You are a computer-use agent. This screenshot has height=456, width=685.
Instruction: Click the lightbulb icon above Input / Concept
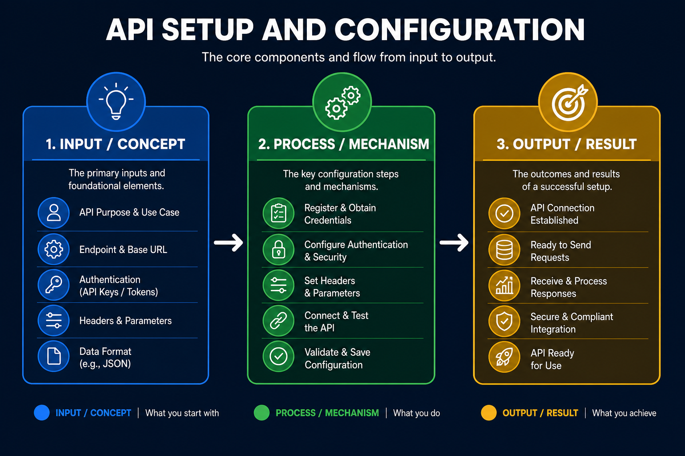click(x=116, y=102)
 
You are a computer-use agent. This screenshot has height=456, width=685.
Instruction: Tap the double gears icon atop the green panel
click(x=342, y=102)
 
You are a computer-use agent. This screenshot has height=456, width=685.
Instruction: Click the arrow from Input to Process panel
click(x=228, y=243)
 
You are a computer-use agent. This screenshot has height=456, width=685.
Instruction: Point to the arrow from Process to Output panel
click(x=454, y=243)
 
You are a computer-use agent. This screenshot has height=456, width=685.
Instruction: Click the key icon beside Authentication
click(x=54, y=285)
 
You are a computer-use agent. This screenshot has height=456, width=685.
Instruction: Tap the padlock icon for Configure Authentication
click(x=279, y=249)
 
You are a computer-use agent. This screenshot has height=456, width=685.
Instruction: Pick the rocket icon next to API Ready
click(x=504, y=356)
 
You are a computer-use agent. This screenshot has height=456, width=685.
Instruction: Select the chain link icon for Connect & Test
click(x=278, y=321)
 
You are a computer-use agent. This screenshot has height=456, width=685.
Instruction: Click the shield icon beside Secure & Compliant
click(x=504, y=321)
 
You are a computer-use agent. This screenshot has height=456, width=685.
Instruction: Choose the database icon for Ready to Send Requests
click(x=504, y=250)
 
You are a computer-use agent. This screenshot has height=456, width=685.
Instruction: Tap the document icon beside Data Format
click(x=54, y=356)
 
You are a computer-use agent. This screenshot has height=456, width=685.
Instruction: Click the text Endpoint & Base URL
click(x=123, y=249)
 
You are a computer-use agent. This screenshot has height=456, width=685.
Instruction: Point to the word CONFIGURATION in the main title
click(x=460, y=30)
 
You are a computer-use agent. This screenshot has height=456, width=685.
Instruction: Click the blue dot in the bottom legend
click(x=42, y=413)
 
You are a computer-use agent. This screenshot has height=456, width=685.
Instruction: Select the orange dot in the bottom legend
click(x=489, y=413)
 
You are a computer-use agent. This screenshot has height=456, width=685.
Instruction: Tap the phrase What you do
click(x=417, y=413)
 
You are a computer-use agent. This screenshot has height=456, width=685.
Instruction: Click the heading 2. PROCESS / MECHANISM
click(x=344, y=144)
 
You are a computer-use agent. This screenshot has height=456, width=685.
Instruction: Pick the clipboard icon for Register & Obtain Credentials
click(x=279, y=213)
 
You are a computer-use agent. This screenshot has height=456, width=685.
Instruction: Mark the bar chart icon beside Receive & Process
click(x=504, y=285)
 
